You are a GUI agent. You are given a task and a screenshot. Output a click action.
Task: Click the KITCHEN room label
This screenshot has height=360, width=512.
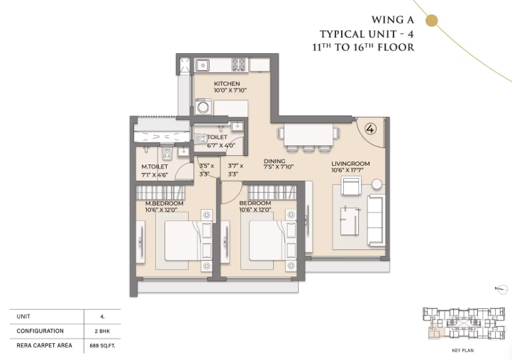(x=227, y=84)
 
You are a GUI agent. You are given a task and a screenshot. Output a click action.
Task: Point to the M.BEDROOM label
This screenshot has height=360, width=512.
(x=159, y=203)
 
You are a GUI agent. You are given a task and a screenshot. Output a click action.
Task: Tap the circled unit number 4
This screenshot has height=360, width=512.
(x=370, y=129)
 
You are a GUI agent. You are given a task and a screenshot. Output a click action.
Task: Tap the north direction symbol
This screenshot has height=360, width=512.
(x=502, y=288)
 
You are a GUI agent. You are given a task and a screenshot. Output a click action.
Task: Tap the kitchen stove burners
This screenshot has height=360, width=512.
(x=239, y=64)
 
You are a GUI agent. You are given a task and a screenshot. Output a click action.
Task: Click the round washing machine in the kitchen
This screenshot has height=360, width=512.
(x=203, y=108)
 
